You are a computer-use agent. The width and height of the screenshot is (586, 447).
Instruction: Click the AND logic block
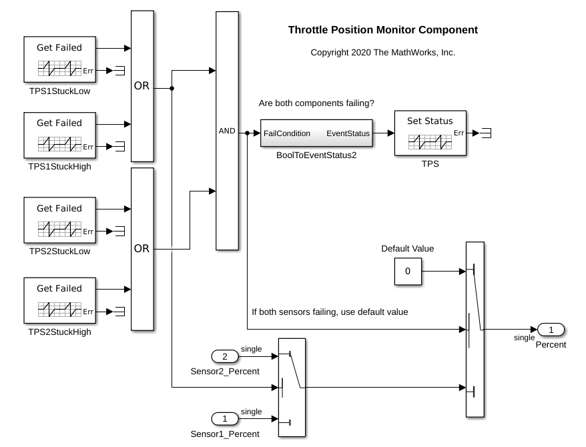pos(227,131)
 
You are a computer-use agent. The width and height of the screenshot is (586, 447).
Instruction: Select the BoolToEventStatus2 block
pos(316,133)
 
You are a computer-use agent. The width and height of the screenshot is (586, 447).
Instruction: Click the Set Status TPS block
pos(430,133)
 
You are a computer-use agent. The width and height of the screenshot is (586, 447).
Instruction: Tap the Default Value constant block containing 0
pos(407,272)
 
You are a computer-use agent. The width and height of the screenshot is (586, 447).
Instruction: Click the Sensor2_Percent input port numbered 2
pos(225,356)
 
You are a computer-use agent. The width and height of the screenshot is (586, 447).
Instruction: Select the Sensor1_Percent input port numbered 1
pos(225,419)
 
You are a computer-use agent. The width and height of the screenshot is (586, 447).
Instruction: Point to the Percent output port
pos(551,330)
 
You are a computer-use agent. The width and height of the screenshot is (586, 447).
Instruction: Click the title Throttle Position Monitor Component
pos(382,30)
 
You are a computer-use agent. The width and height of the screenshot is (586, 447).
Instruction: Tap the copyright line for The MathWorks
pos(382,52)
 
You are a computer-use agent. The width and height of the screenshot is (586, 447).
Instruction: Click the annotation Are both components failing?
pos(316,103)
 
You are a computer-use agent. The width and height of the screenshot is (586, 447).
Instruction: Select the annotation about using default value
pos(329,312)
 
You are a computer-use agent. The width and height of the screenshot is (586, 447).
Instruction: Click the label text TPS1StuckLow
pos(59,91)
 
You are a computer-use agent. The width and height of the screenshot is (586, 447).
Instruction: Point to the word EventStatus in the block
pos(348,133)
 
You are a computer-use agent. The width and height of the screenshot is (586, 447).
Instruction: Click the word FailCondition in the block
pos(287,133)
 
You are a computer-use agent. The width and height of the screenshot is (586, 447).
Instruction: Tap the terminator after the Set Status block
pos(487,133)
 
